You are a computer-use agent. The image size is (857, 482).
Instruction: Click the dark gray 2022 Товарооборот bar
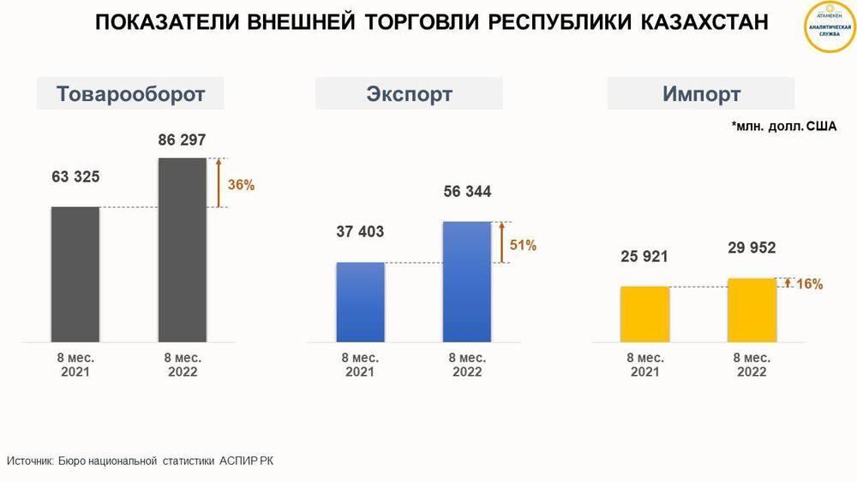[182, 250]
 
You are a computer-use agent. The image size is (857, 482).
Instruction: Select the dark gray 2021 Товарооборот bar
[75, 275]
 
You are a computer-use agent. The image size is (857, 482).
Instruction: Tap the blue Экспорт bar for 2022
[467, 282]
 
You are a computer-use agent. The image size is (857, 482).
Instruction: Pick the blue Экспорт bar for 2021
[360, 302]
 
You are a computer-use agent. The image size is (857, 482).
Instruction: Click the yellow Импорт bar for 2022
[752, 310]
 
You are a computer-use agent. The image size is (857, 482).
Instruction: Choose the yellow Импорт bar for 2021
[644, 314]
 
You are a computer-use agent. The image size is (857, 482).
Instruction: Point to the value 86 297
[182, 140]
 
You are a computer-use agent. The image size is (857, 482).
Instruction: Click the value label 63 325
[75, 177]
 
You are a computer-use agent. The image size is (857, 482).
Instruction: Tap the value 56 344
[467, 192]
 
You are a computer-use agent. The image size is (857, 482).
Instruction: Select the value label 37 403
[360, 231]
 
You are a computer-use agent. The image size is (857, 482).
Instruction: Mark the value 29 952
[752, 248]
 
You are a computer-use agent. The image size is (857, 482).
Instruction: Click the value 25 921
[644, 256]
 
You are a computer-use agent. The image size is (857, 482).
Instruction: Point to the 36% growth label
[241, 184]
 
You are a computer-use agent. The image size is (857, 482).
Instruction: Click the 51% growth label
[523, 246]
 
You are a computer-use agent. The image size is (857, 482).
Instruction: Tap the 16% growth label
[809, 284]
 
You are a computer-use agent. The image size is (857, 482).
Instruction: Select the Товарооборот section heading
[130, 93]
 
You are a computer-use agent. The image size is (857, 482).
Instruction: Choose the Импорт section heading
[701, 93]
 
